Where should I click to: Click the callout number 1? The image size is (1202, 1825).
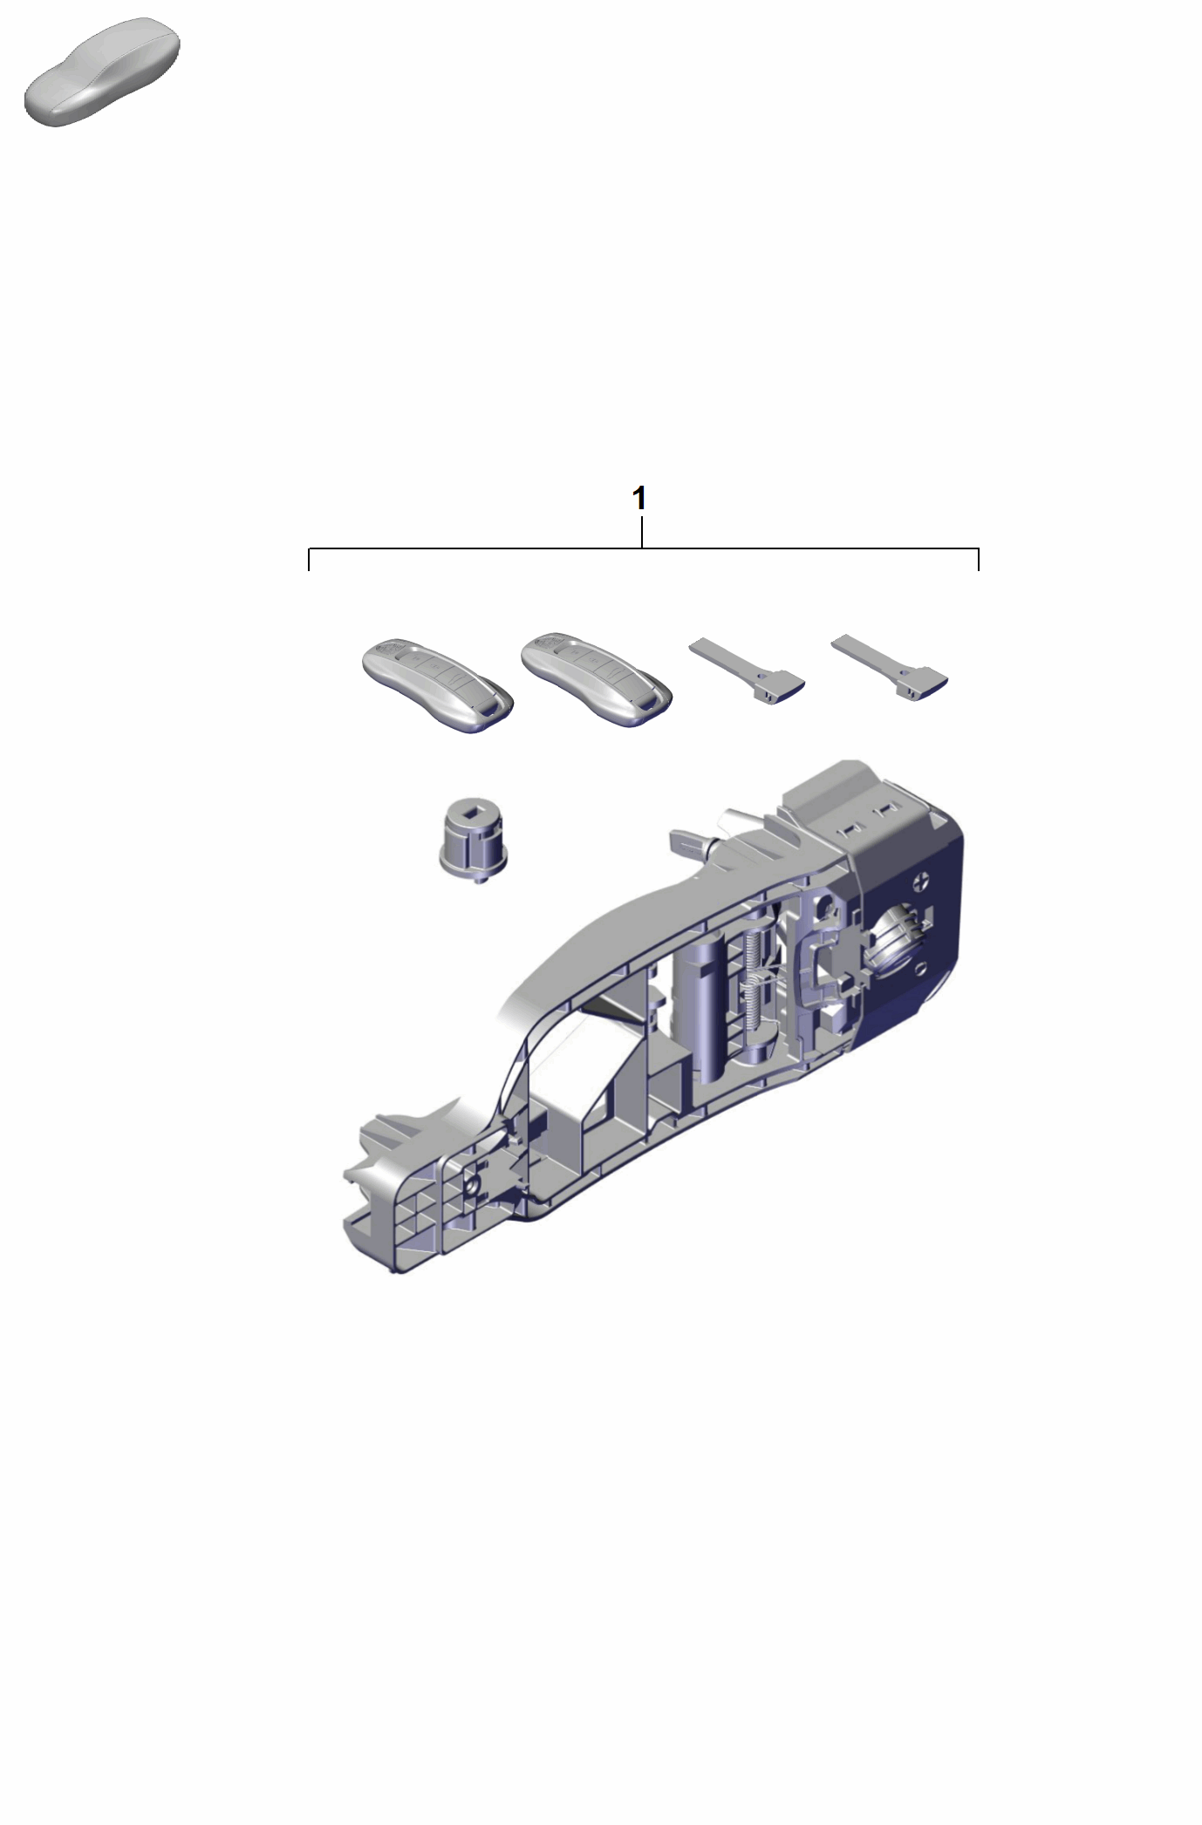(x=639, y=499)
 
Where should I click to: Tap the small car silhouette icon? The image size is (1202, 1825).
(x=102, y=71)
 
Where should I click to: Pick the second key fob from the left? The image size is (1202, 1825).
(x=597, y=681)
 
